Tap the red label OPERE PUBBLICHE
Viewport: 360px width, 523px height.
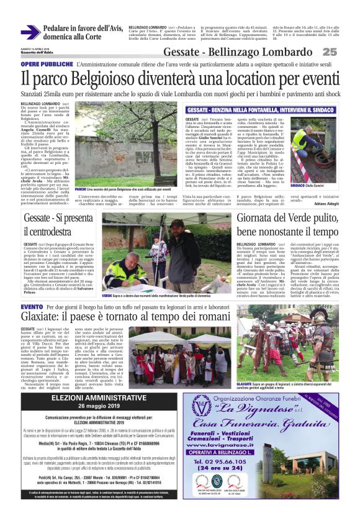click(x=47, y=65)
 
